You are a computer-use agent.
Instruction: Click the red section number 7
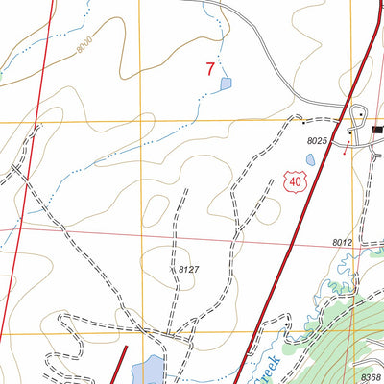(210, 69)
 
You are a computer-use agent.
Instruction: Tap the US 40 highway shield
(295, 180)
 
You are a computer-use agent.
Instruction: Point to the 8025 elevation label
(319, 142)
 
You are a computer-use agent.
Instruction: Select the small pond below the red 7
(226, 84)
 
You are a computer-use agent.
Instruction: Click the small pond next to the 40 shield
(312, 158)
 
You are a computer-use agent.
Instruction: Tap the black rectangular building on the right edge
(377, 128)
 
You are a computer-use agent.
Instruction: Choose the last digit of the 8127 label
(196, 271)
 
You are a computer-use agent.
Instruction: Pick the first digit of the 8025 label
(310, 142)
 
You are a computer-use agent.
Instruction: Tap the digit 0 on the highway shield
(299, 180)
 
